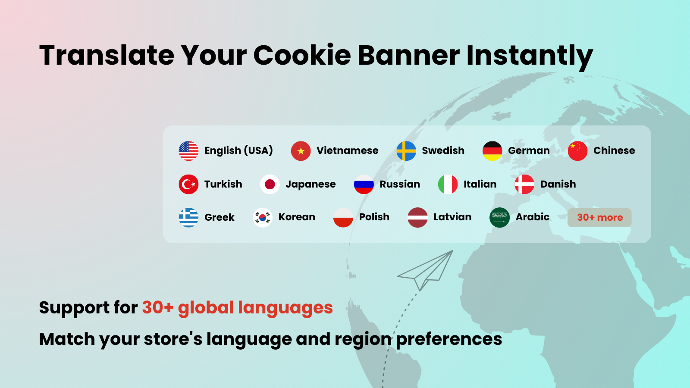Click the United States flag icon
coord(188,151)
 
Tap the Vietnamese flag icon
coord(301,151)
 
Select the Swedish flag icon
coord(406,151)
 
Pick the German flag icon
coord(492,151)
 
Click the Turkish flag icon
coord(188,184)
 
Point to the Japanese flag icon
coord(270,184)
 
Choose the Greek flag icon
coord(188,217)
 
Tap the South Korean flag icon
coord(263,217)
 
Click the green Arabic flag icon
coord(499,217)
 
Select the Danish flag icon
coord(524,184)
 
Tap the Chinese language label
coord(614,150)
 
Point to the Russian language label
coord(400,184)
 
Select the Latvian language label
coord(452,217)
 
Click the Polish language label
coord(374,217)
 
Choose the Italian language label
coord(480,184)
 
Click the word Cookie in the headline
coord(302,56)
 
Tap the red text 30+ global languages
coord(238,308)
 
